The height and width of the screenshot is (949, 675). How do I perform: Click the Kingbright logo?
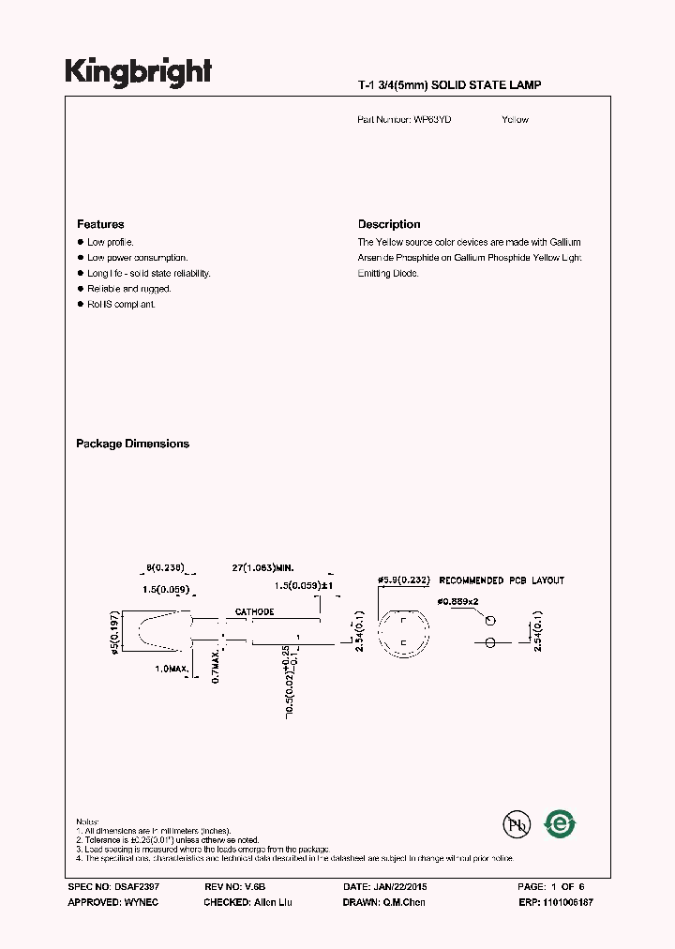tap(138, 72)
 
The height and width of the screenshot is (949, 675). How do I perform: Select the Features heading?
tap(100, 225)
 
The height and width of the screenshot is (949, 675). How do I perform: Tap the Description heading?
tap(389, 225)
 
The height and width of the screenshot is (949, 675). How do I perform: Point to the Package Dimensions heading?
tap(132, 444)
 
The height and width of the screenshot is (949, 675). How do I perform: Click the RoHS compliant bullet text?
tap(121, 305)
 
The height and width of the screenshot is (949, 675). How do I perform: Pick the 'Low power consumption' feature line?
tap(137, 258)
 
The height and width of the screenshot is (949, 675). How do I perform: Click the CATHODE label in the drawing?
tap(254, 611)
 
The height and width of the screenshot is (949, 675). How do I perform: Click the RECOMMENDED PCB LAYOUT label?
tap(502, 580)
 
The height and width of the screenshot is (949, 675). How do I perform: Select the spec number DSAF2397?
tap(128, 886)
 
